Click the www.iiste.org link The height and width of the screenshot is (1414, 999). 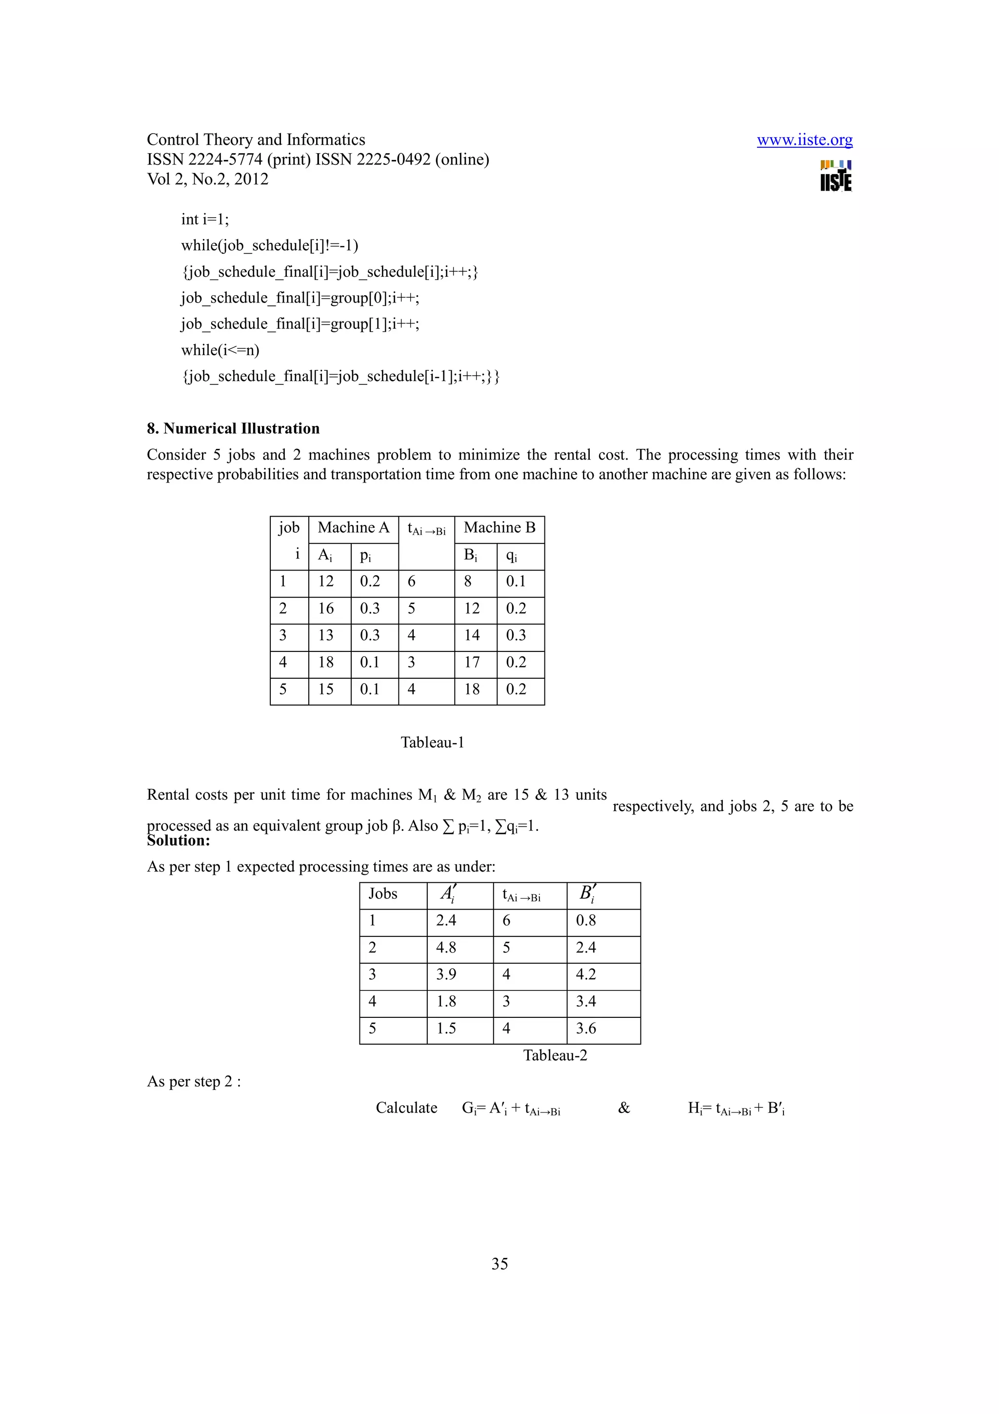pyautogui.click(x=804, y=141)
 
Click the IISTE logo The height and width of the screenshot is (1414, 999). pyautogui.click(x=836, y=176)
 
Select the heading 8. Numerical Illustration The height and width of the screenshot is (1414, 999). pyautogui.click(x=233, y=428)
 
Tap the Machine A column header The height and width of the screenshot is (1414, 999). pyautogui.click(x=353, y=528)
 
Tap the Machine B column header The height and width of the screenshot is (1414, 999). pyautogui.click(x=499, y=528)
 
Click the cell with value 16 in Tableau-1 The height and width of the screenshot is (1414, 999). pyautogui.click(x=326, y=608)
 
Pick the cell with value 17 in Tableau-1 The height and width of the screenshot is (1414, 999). pyautogui.click(x=472, y=663)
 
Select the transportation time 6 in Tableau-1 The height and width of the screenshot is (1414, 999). pyautogui.click(x=412, y=582)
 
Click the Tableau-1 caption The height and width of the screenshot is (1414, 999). pyautogui.click(x=432, y=742)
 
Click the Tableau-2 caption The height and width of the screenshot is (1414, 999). pyautogui.click(x=555, y=1055)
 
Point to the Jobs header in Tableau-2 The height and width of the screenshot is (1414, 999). pyautogui.click(x=383, y=894)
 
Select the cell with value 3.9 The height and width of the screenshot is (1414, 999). pyautogui.click(x=446, y=974)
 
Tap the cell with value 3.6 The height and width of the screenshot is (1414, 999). pyautogui.click(x=586, y=1028)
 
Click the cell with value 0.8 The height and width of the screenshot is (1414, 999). pyautogui.click(x=586, y=921)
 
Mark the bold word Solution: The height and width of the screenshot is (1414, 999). pyautogui.click(x=179, y=841)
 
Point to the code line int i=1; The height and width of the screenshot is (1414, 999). pyautogui.click(x=205, y=220)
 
